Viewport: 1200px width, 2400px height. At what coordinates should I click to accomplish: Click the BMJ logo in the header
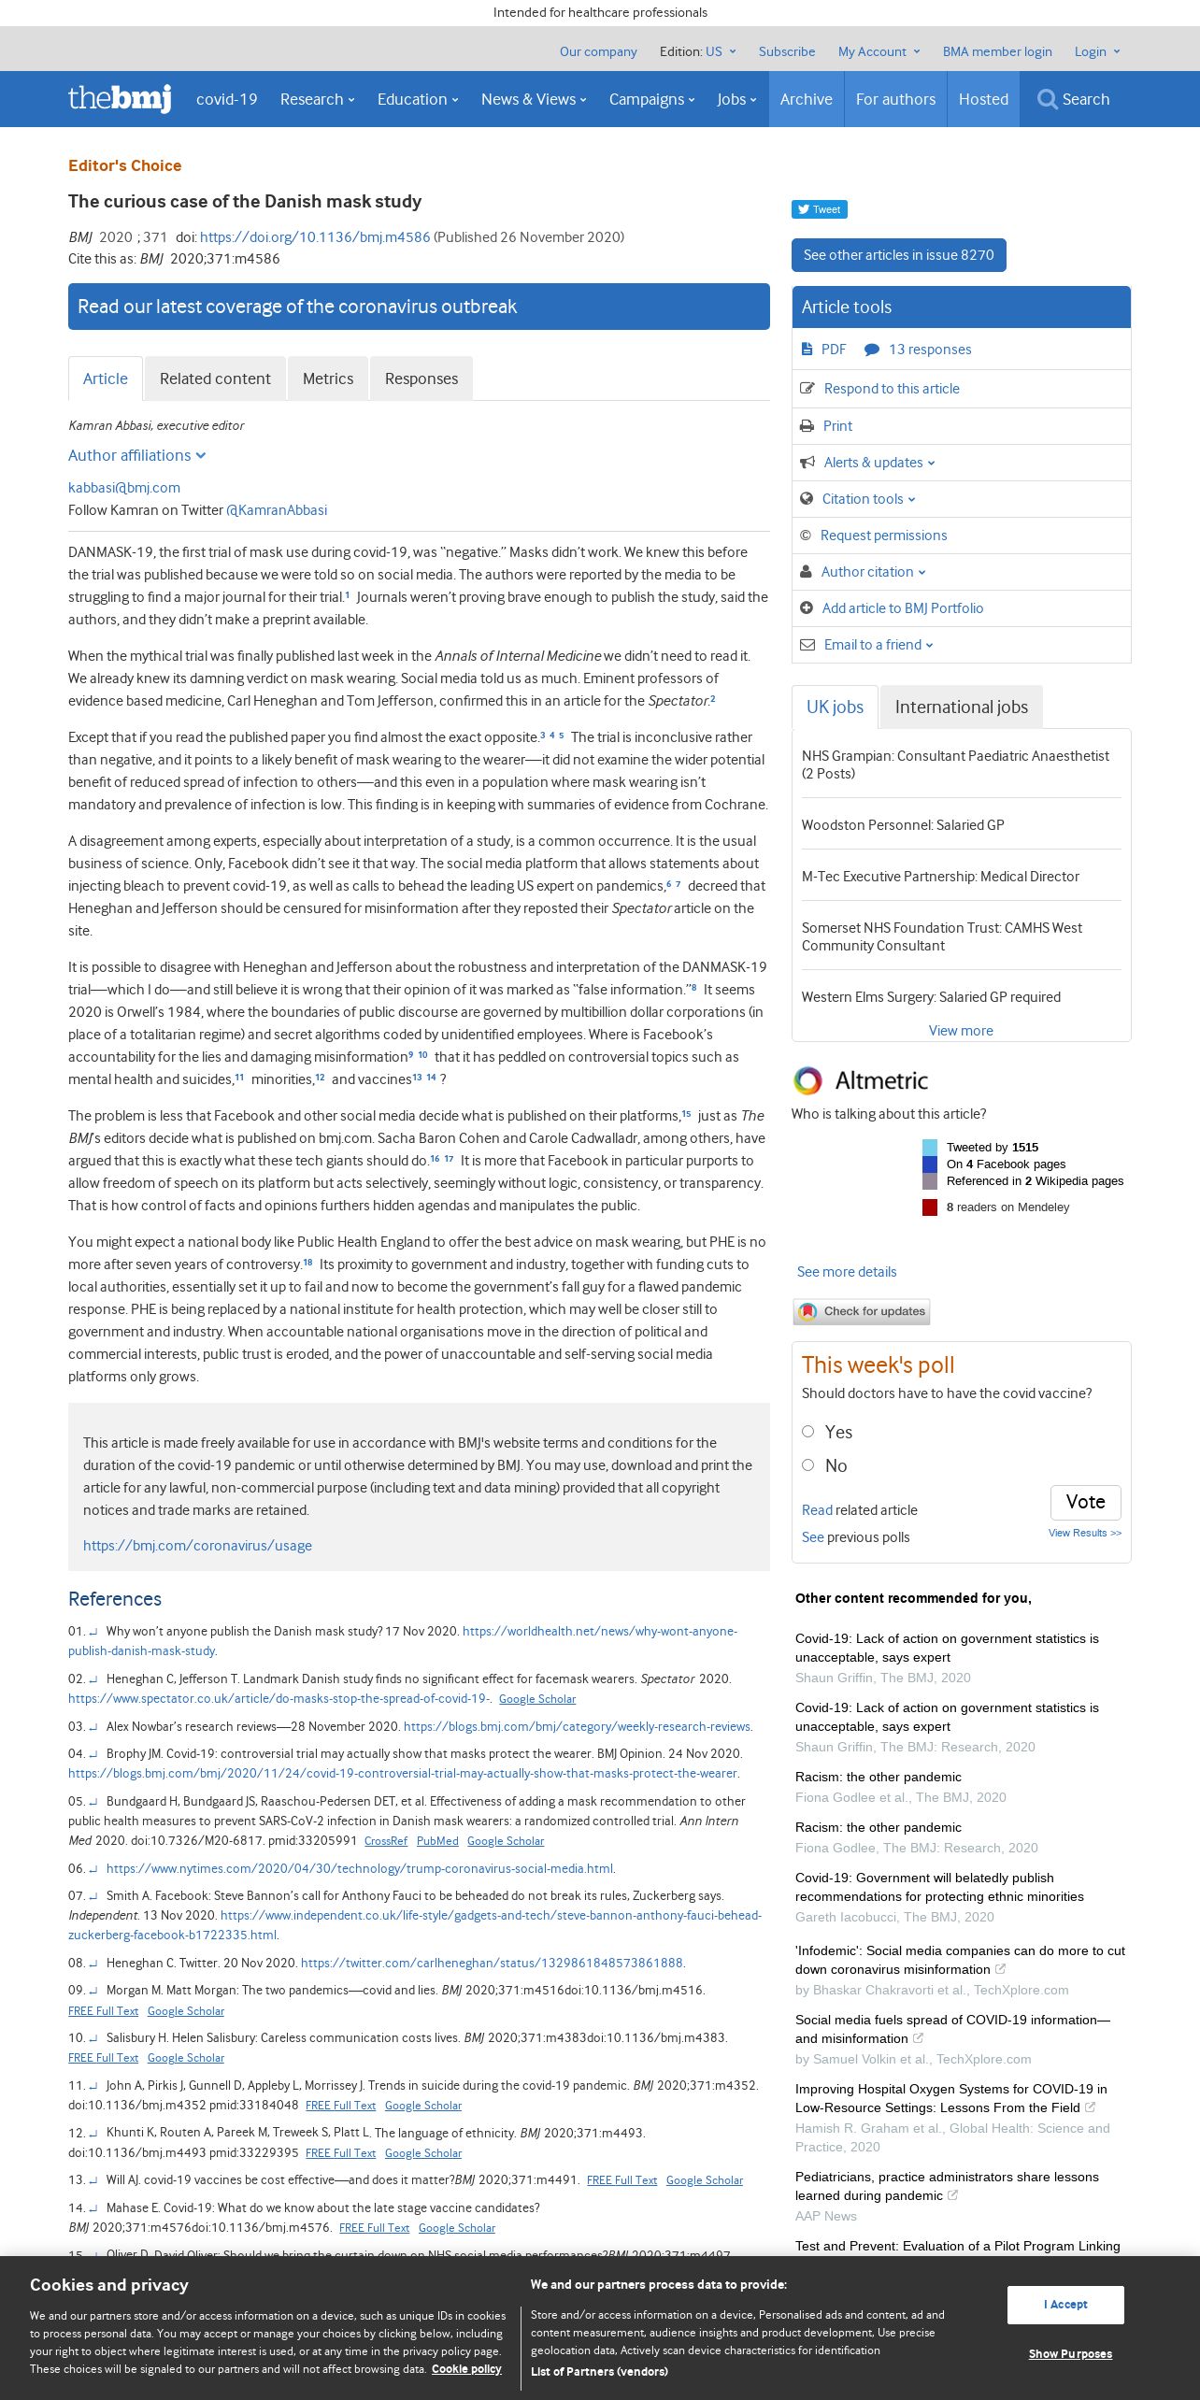(120, 98)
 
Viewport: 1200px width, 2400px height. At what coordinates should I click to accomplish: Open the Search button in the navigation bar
(1074, 99)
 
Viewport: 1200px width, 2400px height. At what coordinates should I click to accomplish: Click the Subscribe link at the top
(786, 51)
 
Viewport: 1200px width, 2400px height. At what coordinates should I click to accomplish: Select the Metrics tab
(328, 379)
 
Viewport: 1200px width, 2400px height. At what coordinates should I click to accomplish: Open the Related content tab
(215, 379)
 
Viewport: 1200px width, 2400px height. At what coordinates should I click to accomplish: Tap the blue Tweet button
(819, 209)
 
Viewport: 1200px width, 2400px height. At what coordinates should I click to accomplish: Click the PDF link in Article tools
(833, 350)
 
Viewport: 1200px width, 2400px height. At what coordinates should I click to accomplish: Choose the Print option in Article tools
(837, 426)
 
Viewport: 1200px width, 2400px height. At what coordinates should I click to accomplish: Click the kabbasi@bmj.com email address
(124, 488)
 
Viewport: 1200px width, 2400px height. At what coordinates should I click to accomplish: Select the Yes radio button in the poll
(808, 1432)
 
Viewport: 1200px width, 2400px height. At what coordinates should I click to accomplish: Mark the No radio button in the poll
(808, 1465)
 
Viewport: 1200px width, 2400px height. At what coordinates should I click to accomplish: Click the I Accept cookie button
(1065, 2305)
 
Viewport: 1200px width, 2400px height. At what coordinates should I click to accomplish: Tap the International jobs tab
(961, 707)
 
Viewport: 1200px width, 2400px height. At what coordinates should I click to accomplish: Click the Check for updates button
(862, 1311)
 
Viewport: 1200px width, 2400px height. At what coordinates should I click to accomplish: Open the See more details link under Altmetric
(847, 1272)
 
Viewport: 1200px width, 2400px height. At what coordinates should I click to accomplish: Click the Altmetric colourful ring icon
(807, 1080)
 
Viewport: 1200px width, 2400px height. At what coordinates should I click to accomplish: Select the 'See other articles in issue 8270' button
(898, 255)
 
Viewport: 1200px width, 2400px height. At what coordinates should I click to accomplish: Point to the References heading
(115, 1599)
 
